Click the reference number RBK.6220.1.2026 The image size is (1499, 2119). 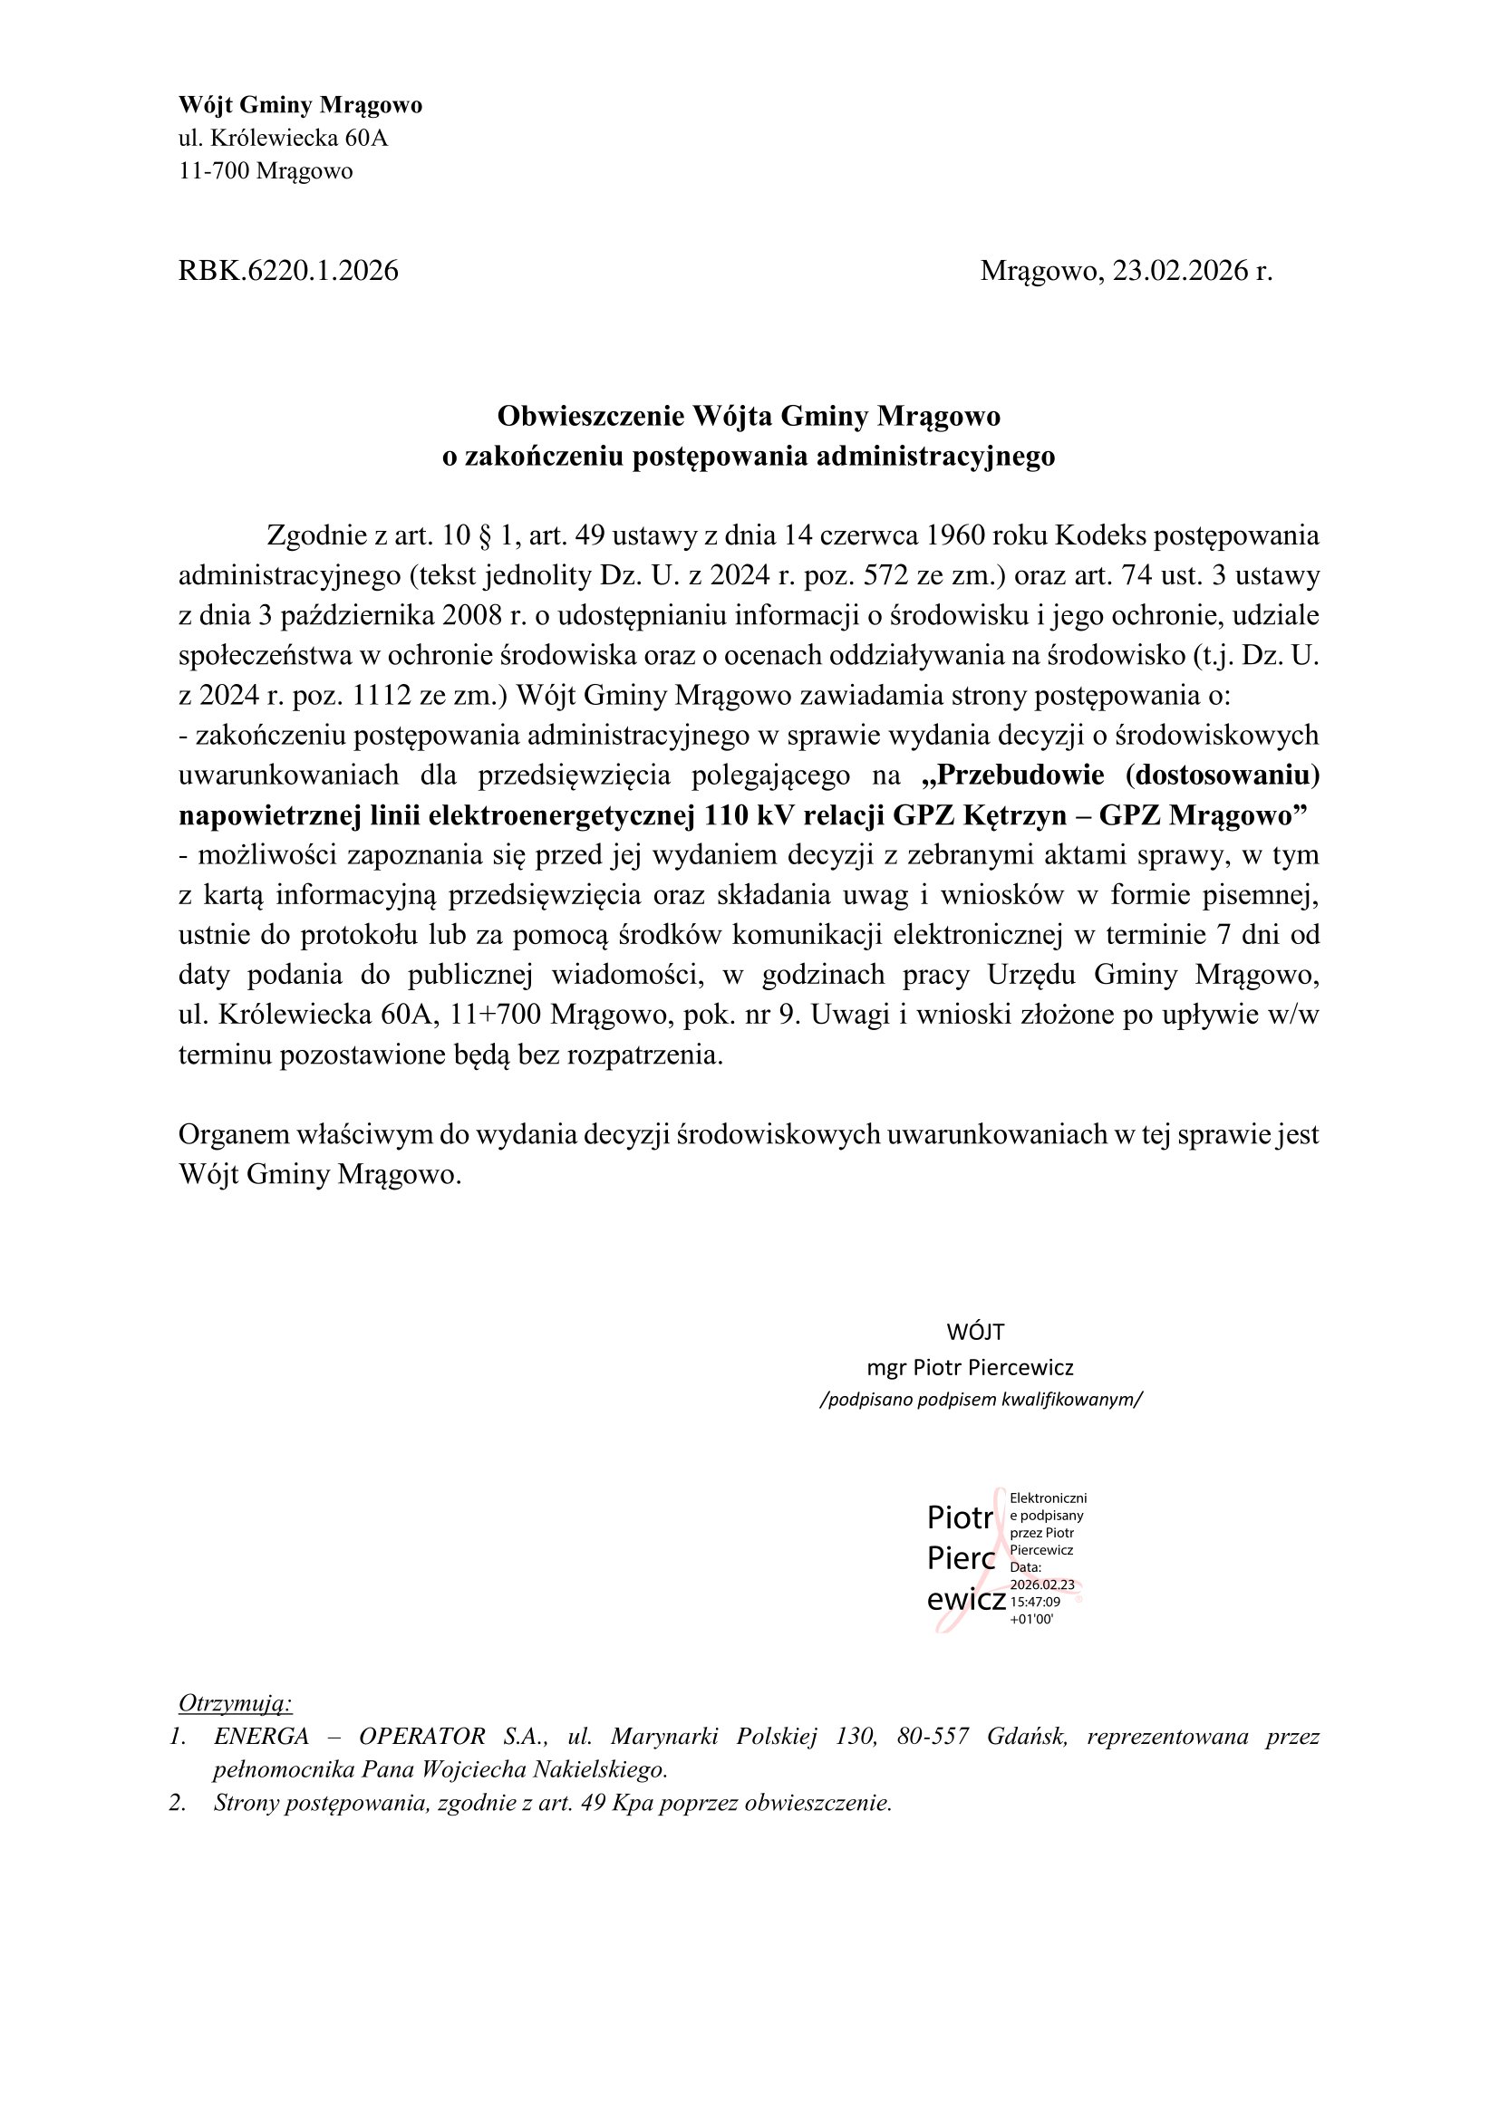tap(288, 272)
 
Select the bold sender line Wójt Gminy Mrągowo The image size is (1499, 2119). tap(300, 105)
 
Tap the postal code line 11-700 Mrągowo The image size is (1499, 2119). tap(266, 171)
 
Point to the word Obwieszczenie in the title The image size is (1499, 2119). tap(591, 417)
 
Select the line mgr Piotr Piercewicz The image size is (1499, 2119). tap(970, 1368)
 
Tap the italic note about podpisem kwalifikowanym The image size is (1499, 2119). tap(981, 1400)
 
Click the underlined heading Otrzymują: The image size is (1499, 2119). tap(236, 1703)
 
